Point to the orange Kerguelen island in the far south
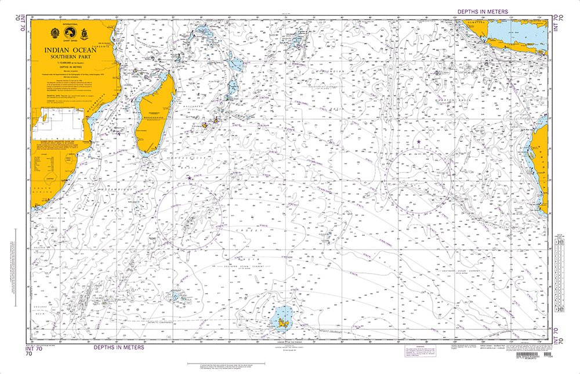point(283,317)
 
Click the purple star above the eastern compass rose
point(419,142)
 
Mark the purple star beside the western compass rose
point(189,178)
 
